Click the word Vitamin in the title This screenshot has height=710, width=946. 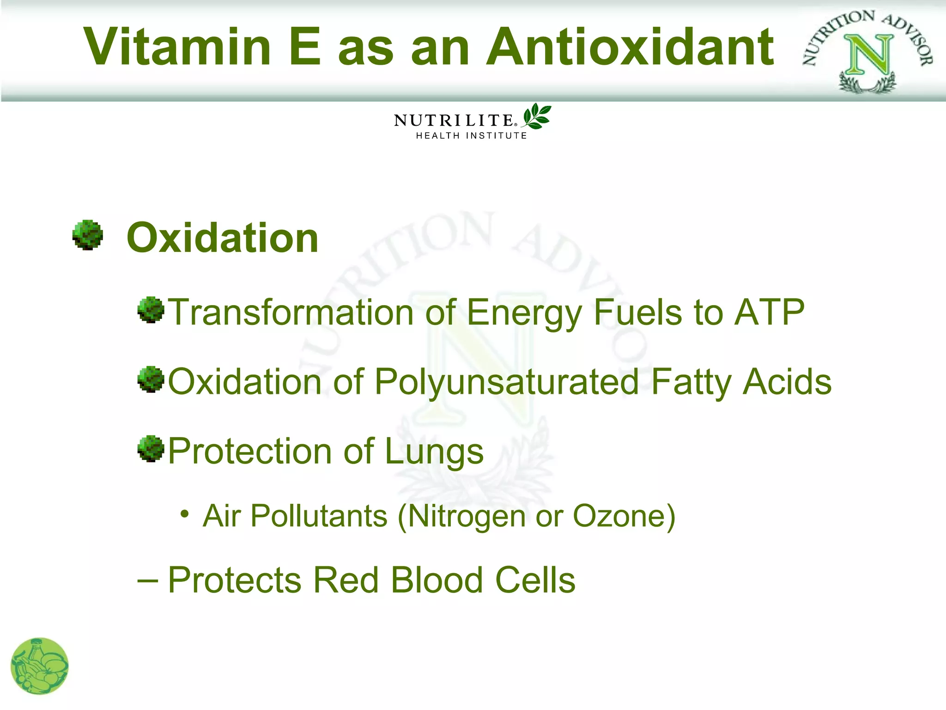pyautogui.click(x=177, y=47)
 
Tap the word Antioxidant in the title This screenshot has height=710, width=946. pyautogui.click(x=630, y=47)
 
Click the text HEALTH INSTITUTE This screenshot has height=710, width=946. pyautogui.click(x=471, y=136)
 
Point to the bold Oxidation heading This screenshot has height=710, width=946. pyautogui.click(x=223, y=238)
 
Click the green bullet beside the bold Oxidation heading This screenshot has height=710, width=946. pyautogui.click(x=88, y=235)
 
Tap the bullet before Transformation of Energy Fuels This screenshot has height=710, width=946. pyautogui.click(x=151, y=310)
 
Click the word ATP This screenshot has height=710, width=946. pyautogui.click(x=770, y=312)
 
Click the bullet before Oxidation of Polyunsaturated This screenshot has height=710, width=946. pyautogui.click(x=151, y=379)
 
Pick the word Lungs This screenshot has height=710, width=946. pyautogui.click(x=434, y=452)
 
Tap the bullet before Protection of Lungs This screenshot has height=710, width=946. pyautogui.click(x=151, y=448)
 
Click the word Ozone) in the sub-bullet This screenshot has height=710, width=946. pyautogui.click(x=624, y=516)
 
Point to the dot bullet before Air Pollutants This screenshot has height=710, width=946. pyautogui.click(x=185, y=514)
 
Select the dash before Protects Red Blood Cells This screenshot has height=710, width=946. pyautogui.click(x=148, y=581)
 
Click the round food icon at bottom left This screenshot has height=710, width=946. pyautogui.click(x=40, y=666)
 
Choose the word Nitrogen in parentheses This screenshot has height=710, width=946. pyautogui.click(x=467, y=516)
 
